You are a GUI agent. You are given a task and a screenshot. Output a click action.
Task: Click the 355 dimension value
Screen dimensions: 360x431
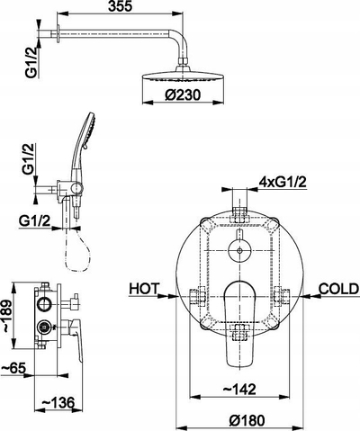[x=120, y=6]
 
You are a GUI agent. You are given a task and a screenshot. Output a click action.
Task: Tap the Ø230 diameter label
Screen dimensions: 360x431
[x=183, y=95]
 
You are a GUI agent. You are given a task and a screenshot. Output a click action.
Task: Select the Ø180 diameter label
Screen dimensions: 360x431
[x=247, y=420]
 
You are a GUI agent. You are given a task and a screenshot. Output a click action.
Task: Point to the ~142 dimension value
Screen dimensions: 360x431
[x=239, y=390]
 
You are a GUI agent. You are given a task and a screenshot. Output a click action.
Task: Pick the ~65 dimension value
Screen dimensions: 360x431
[x=13, y=368]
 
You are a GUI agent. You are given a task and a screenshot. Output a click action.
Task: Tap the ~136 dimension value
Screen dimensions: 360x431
[x=58, y=402]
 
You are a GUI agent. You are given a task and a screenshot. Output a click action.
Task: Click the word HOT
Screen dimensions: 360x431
[x=143, y=289]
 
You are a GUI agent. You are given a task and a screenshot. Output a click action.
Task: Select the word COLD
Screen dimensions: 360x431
[x=338, y=289]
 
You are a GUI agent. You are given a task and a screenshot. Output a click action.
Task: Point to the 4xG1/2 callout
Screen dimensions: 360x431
[x=283, y=182]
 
